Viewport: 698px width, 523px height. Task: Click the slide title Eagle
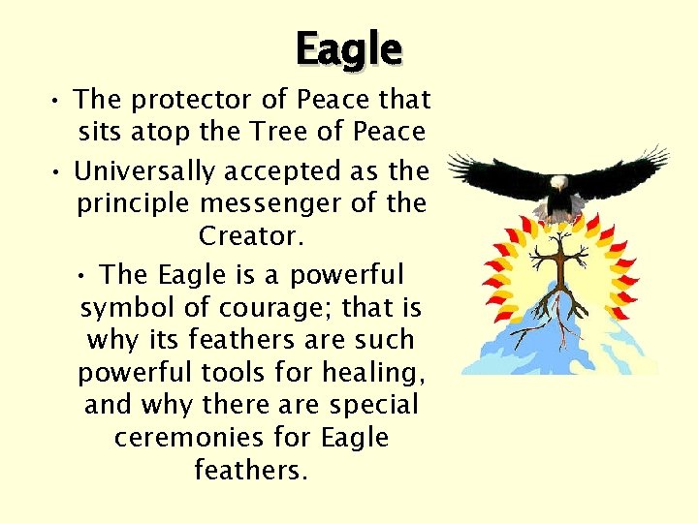[348, 48]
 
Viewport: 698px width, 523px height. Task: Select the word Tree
[277, 132]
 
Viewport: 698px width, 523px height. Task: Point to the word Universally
[144, 171]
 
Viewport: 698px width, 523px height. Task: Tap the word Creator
[250, 235]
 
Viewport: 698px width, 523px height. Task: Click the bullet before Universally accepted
[59, 172]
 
